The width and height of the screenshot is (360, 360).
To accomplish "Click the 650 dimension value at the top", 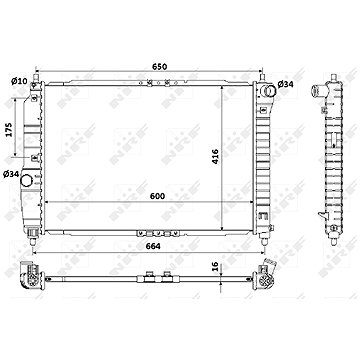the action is tap(160, 66).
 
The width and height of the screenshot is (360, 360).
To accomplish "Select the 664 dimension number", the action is tap(153, 246).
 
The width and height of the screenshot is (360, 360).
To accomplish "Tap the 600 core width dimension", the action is tap(157, 196).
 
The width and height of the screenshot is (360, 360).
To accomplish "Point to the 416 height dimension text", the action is tap(215, 156).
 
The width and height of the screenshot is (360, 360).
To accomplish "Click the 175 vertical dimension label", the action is tap(9, 129).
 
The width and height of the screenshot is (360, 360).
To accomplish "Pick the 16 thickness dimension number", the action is tap(215, 266).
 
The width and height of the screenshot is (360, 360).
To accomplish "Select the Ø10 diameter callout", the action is tap(19, 81).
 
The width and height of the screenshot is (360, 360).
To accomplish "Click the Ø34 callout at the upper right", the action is tap(285, 84).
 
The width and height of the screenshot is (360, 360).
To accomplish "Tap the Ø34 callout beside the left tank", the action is tap(11, 174).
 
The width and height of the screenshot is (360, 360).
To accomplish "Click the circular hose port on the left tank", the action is tap(26, 180).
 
